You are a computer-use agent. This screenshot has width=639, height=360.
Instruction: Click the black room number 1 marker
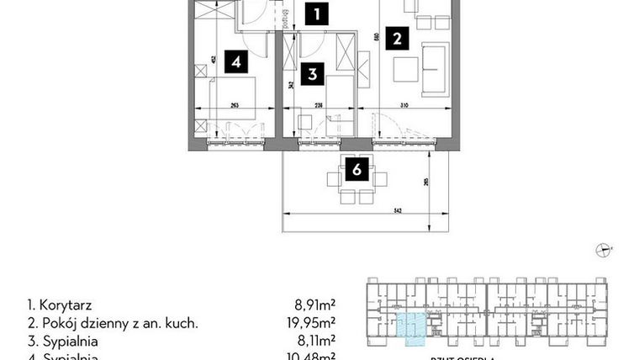[315, 13]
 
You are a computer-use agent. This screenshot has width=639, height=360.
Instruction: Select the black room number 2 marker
[397, 37]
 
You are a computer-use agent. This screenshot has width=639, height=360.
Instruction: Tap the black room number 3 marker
[312, 74]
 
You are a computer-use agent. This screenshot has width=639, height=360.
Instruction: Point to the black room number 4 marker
[238, 61]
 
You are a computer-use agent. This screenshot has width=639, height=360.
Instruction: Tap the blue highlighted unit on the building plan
[409, 326]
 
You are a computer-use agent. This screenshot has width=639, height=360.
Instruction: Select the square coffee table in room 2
[404, 68]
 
